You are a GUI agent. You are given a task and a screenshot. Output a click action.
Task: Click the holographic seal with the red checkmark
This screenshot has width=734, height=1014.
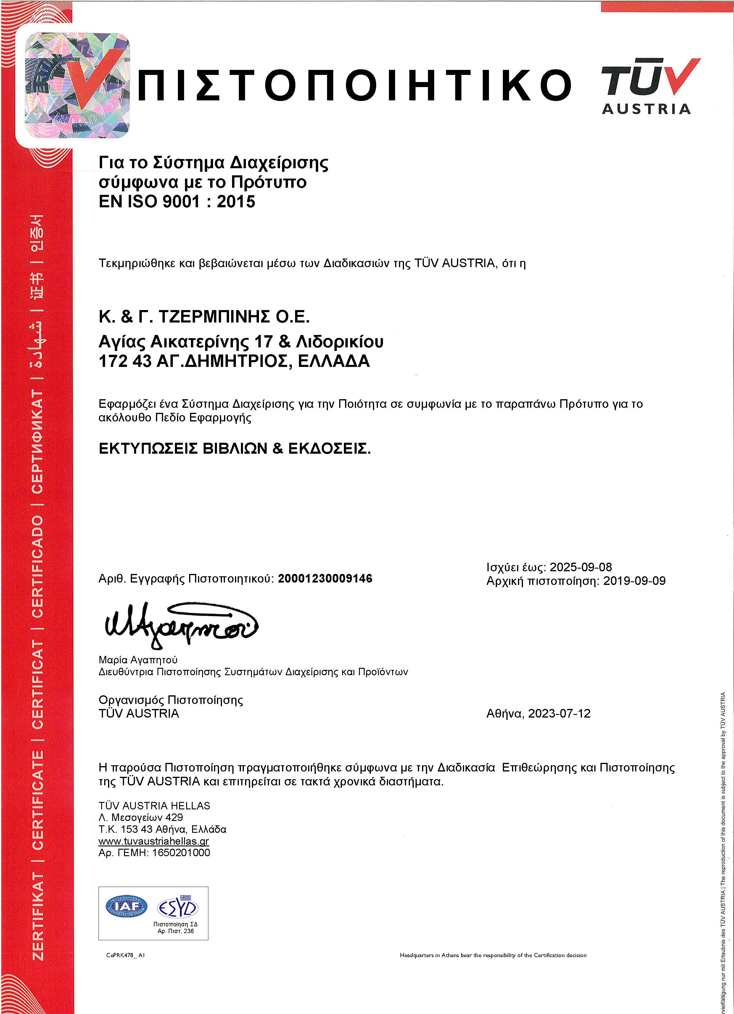[77, 85]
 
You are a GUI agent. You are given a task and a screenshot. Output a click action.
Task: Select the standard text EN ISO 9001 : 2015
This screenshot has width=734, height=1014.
[177, 202]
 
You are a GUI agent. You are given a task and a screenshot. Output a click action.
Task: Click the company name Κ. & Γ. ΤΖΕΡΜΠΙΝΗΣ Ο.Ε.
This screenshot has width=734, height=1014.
[204, 317]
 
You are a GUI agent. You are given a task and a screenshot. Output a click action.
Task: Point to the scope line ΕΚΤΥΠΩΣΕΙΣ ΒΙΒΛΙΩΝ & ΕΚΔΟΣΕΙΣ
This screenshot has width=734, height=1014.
[234, 448]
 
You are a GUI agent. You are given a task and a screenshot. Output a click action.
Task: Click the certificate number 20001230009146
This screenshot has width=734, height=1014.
[325, 579]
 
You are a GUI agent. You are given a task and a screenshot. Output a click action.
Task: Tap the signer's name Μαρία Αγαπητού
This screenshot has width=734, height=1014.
[138, 660]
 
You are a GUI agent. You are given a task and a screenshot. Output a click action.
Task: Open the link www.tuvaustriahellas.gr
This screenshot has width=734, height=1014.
[154, 841]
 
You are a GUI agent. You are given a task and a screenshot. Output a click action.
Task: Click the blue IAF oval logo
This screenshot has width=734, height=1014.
[126, 906]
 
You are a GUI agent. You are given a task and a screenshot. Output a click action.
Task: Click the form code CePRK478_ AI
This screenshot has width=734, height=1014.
[125, 955]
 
